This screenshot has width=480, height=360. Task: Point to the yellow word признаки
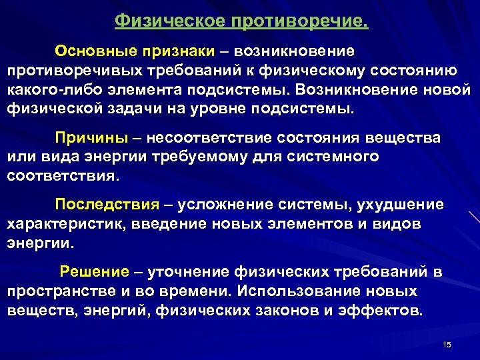click(x=178, y=51)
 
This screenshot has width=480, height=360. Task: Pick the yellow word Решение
click(x=94, y=272)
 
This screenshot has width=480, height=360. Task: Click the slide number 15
click(x=447, y=344)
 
